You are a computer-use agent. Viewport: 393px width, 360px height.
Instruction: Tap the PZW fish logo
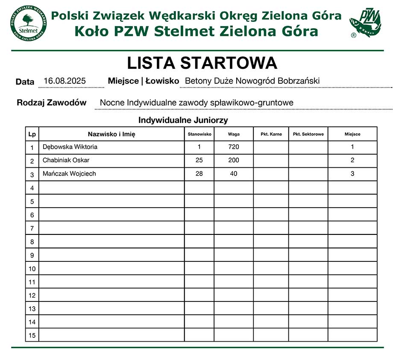click(365, 23)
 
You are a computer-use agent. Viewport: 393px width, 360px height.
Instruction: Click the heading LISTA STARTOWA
click(202, 63)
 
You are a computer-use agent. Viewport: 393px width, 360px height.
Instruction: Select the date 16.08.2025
click(65, 81)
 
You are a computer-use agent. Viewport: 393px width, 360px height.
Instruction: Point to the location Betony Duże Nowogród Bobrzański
click(252, 81)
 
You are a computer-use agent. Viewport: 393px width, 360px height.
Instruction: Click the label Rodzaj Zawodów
click(51, 102)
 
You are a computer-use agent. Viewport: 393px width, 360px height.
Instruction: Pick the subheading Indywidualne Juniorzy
click(183, 120)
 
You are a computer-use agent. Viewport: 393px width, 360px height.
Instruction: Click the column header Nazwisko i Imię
click(111, 134)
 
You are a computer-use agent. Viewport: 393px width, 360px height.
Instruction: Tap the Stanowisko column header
click(199, 134)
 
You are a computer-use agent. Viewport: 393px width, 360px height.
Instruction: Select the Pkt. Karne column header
click(271, 134)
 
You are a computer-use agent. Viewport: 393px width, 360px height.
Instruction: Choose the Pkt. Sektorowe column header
click(308, 134)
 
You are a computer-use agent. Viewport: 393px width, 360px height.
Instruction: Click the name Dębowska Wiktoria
click(70, 147)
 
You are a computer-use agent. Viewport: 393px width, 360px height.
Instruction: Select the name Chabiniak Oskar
click(66, 160)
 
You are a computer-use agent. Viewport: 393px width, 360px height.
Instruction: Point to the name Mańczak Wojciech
click(69, 174)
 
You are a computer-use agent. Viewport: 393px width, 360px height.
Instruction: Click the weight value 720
click(234, 147)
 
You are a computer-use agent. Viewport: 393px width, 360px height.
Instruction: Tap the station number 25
click(199, 160)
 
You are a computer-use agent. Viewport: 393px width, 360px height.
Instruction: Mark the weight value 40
click(234, 174)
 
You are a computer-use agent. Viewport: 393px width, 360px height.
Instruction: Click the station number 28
click(199, 174)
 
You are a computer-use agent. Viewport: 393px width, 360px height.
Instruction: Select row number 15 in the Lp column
click(32, 335)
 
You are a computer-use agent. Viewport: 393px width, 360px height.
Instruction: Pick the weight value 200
click(234, 160)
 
